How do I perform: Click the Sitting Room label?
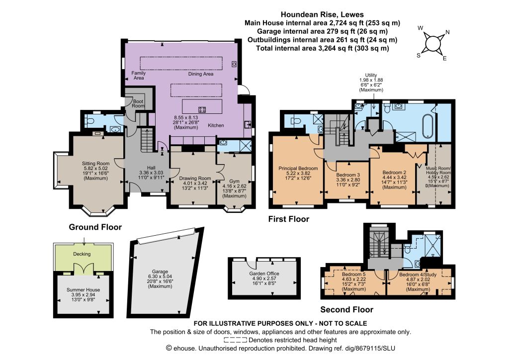95,163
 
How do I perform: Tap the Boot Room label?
138,103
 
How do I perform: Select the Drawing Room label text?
195,178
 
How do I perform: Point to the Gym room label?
234,181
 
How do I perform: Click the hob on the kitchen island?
202,109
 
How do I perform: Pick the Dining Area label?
201,74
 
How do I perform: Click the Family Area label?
139,75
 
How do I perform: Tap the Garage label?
160,271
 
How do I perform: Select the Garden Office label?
264,273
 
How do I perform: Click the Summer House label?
83,289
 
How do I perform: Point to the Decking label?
82,254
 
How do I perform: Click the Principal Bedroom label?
298,168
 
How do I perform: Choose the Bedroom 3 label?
348,175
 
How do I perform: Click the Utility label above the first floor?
371,75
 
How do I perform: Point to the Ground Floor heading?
95,227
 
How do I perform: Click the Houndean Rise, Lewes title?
322,14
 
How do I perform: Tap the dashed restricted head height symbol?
235,340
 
